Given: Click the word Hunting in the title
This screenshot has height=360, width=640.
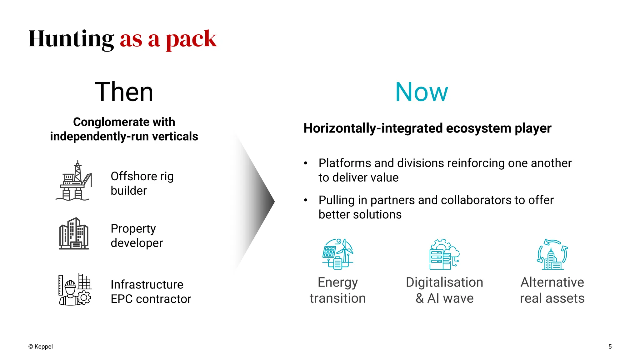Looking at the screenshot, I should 71,39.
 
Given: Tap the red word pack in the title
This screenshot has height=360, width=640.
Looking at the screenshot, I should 191,40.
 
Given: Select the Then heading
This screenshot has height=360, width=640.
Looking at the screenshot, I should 124,92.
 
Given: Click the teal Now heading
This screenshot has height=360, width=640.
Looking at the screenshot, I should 422,92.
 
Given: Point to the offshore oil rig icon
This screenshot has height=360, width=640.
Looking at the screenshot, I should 74,181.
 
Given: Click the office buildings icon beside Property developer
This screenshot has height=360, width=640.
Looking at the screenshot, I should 74,234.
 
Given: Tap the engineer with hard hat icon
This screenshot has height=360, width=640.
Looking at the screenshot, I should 74,290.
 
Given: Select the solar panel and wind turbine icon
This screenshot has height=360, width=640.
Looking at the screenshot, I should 338,254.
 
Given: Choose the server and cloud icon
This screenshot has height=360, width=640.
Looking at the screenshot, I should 444,254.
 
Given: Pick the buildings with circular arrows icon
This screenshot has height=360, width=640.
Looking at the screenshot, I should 552,254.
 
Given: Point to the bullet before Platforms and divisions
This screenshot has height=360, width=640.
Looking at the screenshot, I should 306,163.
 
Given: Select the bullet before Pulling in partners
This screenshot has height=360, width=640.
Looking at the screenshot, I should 306,200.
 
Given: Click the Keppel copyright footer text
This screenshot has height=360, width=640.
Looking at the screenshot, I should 41,347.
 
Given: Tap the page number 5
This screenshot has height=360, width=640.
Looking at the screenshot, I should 610,347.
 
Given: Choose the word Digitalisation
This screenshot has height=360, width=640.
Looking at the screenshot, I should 444,282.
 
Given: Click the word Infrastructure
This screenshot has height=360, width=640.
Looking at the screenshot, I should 147,285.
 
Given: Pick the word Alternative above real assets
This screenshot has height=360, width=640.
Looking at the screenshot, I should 552,282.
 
